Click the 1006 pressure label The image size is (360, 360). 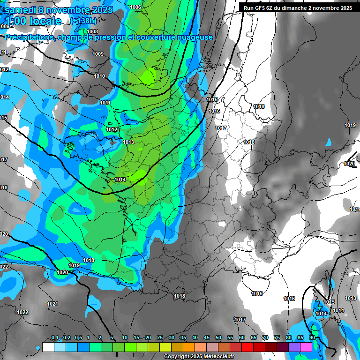pyautogui.click(x=135, y=7)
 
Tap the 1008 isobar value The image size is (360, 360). pyautogui.click(x=92, y=31)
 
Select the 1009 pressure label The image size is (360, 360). pyautogui.click(x=98, y=54)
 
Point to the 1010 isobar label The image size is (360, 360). pyautogui.click(x=99, y=76)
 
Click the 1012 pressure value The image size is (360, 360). pyautogui.click(x=112, y=129)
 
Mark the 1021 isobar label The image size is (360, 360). pyautogui.click(x=52, y=304)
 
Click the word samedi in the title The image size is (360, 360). pyautogui.click(x=20, y=10)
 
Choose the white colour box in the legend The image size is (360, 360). pyautogui.click(x=48, y=347)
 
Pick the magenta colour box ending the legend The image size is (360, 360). pyautogui.click(x=306, y=347)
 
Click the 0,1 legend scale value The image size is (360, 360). pyautogui.click(x=54, y=338)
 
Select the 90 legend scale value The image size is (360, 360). pyautogui.click(x=312, y=338)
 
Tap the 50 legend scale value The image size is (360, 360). pyautogui.click(x=218, y=338)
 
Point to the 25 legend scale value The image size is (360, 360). pyautogui.click(x=160, y=338)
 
